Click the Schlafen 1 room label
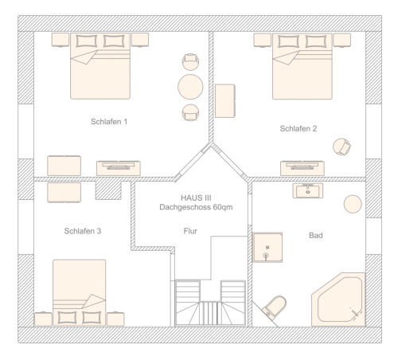(109, 122)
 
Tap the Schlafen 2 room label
(298, 128)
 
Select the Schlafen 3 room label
(83, 231)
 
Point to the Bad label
(316, 235)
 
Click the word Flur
(190, 231)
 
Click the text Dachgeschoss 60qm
(196, 207)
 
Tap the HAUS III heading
(196, 198)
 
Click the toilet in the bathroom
(275, 306)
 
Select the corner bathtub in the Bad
(339, 299)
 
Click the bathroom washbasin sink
(308, 190)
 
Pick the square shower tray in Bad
(267, 248)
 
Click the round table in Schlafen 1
(190, 87)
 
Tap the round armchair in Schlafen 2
(341, 147)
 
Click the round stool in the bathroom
(353, 204)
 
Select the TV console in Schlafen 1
(119, 168)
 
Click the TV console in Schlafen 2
(302, 168)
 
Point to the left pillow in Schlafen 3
(67, 318)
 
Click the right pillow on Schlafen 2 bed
(316, 41)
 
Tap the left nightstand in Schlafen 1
(60, 40)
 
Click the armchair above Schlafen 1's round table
(190, 62)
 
